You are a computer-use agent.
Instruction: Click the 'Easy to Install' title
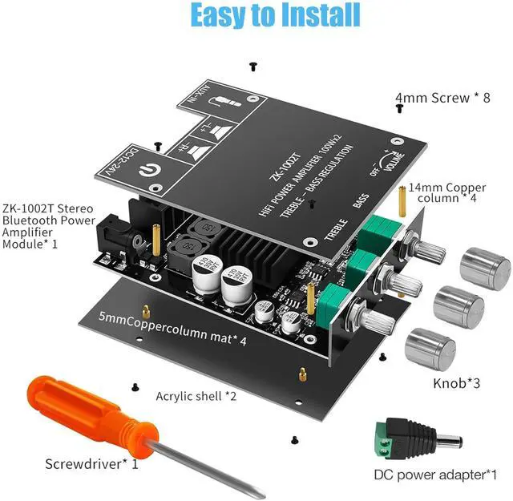pyautogui.click(x=276, y=15)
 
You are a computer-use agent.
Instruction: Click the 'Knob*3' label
pyautogui.click(x=456, y=383)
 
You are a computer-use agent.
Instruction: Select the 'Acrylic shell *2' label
pyautogui.click(x=196, y=395)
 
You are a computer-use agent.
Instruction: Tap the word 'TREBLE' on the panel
pyautogui.click(x=336, y=224)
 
